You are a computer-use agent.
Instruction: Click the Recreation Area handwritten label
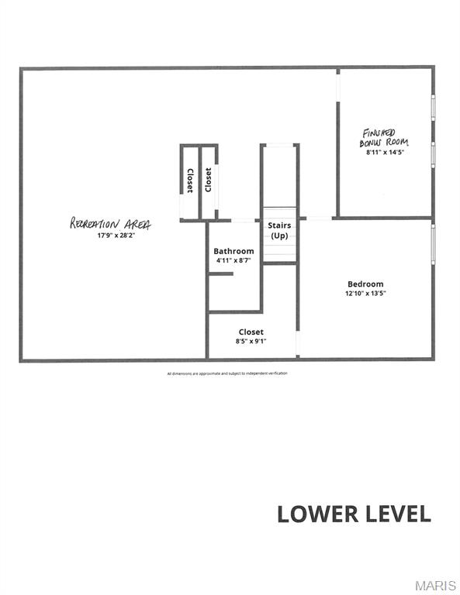pyautogui.click(x=111, y=223)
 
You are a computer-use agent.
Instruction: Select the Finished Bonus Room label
pyautogui.click(x=384, y=138)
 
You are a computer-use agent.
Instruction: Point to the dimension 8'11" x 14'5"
pyautogui.click(x=386, y=153)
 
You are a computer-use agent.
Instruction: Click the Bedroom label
pyautogui.click(x=365, y=284)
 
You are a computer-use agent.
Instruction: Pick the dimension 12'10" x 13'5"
pyautogui.click(x=365, y=294)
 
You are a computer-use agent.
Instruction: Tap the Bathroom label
pyautogui.click(x=233, y=251)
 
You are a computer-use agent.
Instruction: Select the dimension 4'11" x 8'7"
pyautogui.click(x=233, y=261)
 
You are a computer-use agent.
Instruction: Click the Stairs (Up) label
pyautogui.click(x=279, y=230)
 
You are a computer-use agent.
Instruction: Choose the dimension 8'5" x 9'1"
pyautogui.click(x=251, y=342)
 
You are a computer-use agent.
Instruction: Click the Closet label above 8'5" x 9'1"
pyautogui.click(x=251, y=332)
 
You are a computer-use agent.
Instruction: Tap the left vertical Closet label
pyautogui.click(x=189, y=181)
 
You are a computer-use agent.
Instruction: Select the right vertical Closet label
pyautogui.click(x=208, y=181)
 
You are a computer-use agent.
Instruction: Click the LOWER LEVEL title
pyautogui.click(x=354, y=514)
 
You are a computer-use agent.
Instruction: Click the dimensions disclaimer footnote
pyautogui.click(x=227, y=373)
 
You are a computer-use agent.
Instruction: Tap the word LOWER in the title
pyautogui.click(x=314, y=514)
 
